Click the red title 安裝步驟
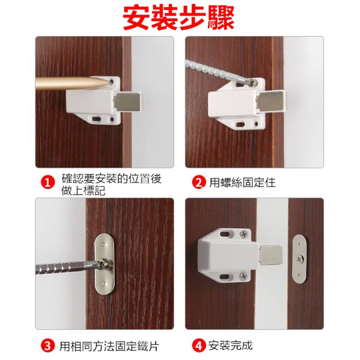pyautogui.click(x=178, y=17)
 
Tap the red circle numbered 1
pyautogui.click(x=48, y=183)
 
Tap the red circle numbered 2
pyautogui.click(x=199, y=182)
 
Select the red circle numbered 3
pyautogui.click(x=48, y=345)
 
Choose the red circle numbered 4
pyautogui.click(x=199, y=345)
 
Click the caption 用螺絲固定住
pyautogui.click(x=242, y=183)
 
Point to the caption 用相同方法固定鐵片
pyautogui.click(x=109, y=345)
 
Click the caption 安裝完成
pyautogui.click(x=231, y=345)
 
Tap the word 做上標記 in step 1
pyautogui.click(x=84, y=190)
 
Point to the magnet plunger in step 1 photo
pyautogui.click(x=128, y=100)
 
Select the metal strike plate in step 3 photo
pyautogui.click(x=105, y=264)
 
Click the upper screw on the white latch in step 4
pyautogui.click(x=243, y=234)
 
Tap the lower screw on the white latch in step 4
pyautogui.click(x=243, y=275)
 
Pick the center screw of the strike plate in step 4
pyautogui.click(x=300, y=259)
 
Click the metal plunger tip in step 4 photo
pyautogui.click(x=271, y=255)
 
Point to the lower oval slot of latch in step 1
pyautogui.click(x=96, y=119)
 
